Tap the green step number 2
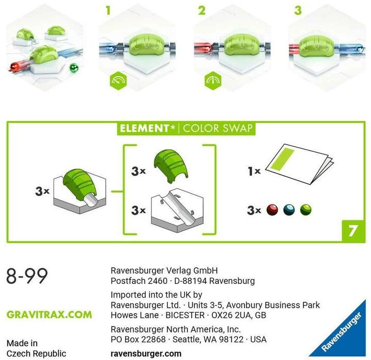(x=202, y=10)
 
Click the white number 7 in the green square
(x=352, y=230)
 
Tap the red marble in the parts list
(x=273, y=210)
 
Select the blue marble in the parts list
(x=289, y=210)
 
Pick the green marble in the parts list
(x=306, y=210)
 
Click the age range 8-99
(x=27, y=276)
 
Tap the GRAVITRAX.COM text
(x=49, y=314)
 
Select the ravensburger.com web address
(x=146, y=353)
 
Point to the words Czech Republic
(x=36, y=353)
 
